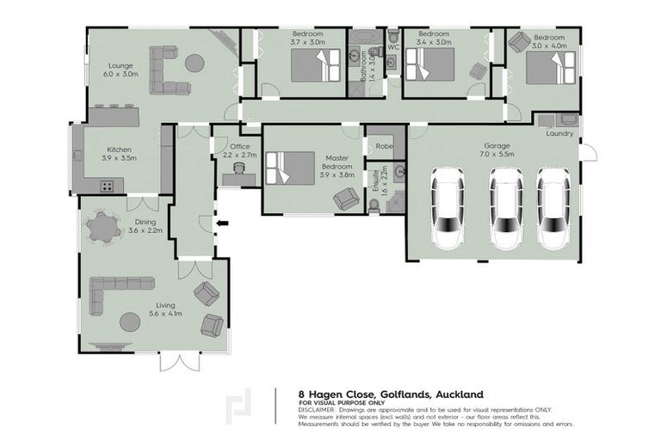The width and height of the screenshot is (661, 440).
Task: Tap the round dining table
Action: point(103,227)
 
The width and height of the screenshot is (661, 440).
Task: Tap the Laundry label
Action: point(559,133)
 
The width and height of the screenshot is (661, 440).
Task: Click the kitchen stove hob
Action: point(108,185)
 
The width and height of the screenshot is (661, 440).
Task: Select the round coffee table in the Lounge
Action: point(195,63)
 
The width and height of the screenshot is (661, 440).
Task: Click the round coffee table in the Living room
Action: point(130,321)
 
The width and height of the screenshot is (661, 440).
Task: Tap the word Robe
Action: point(385,145)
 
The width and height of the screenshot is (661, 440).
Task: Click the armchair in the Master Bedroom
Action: point(347,199)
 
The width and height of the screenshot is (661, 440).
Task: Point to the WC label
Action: point(392,47)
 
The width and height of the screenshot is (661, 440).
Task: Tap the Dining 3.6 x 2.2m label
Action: point(142,226)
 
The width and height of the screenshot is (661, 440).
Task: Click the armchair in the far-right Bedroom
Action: point(519,40)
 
